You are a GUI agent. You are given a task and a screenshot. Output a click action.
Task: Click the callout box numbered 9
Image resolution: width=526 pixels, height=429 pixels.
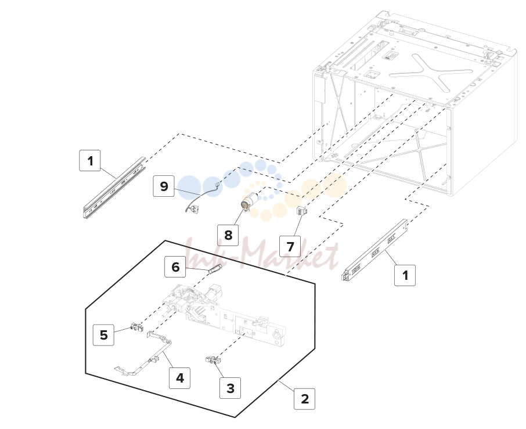pyautogui.click(x=164, y=186)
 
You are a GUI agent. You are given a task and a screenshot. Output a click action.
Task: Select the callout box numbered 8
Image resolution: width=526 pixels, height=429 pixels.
pyautogui.click(x=228, y=235)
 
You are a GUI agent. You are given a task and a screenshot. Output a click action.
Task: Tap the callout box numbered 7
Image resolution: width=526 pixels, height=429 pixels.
pyautogui.click(x=290, y=247)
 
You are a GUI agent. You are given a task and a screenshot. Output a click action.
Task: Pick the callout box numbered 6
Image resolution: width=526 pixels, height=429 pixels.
pyautogui.click(x=175, y=267)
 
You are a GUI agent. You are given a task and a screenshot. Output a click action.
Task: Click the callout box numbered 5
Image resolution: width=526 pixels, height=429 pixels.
pyautogui.click(x=104, y=335)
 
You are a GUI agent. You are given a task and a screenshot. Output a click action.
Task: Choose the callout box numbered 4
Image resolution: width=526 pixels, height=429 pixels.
pyautogui.click(x=180, y=378)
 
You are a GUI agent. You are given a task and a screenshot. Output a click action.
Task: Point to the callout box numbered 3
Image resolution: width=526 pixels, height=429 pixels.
pyautogui.click(x=230, y=388)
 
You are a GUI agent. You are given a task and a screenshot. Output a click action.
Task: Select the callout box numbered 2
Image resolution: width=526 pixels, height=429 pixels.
pyautogui.click(x=305, y=399)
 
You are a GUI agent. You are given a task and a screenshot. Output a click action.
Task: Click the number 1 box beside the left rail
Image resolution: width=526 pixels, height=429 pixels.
pyautogui.click(x=90, y=161)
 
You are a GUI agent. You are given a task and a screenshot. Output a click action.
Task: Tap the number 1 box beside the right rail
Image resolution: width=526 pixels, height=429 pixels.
pyautogui.click(x=405, y=275)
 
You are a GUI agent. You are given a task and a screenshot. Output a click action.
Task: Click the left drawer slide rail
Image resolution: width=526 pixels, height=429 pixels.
pyautogui.click(x=114, y=188)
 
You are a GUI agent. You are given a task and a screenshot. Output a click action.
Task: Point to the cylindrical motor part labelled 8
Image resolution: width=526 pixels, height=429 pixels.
pyautogui.click(x=249, y=202)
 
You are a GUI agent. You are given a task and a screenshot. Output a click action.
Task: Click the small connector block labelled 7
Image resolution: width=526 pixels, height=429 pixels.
pyautogui.click(x=300, y=211)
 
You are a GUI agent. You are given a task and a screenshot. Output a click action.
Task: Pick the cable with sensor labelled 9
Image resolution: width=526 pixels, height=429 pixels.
pyautogui.click(x=202, y=197)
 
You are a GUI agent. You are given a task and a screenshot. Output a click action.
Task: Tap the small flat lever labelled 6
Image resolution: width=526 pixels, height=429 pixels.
pyautogui.click(x=215, y=268)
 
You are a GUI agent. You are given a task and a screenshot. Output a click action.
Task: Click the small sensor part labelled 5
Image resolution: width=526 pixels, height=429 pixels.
pyautogui.click(x=136, y=326)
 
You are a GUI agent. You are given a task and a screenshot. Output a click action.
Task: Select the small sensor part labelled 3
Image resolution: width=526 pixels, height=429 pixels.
pyautogui.click(x=213, y=360)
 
